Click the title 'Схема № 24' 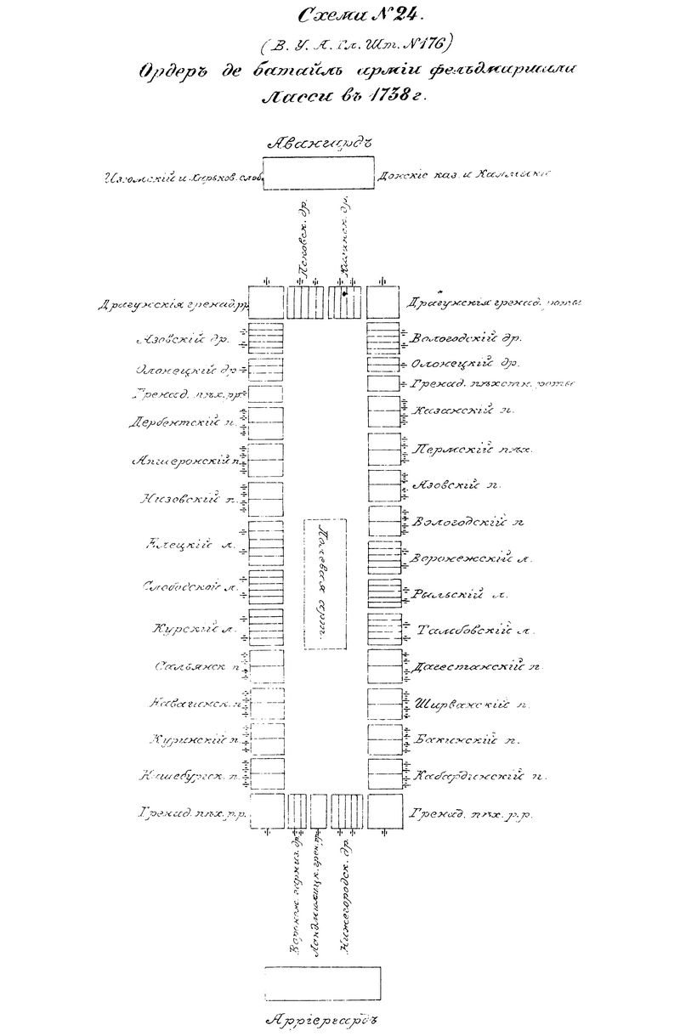tap(350, 14)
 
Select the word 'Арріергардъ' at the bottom tap(320, 1019)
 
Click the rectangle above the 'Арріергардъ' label tap(321, 984)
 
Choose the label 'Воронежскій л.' tap(472, 558)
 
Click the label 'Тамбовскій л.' tap(475, 631)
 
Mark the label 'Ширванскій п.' tap(474, 704)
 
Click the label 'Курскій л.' tap(194, 630)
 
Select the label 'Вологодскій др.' tap(465, 338)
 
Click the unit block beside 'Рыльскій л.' tap(383, 592)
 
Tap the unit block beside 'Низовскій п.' tap(267, 498)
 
